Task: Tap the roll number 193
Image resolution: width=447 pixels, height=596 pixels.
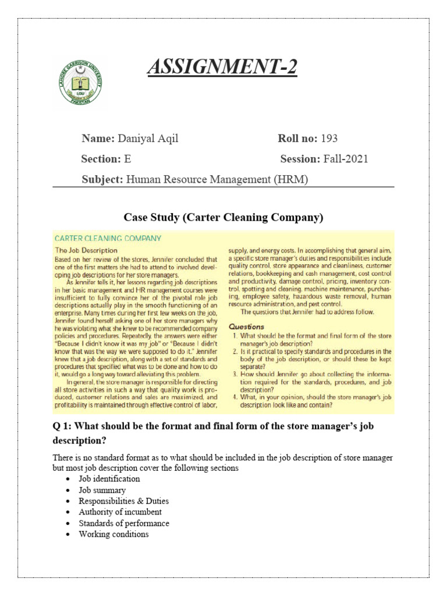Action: coord(329,139)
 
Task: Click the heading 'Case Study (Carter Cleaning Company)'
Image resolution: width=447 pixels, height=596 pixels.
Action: coord(223,218)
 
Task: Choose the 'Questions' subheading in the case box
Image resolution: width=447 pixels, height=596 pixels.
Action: coord(246,327)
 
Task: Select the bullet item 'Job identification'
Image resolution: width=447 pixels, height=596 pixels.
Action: coord(109,478)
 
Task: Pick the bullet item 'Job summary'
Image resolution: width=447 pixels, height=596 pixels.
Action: coord(102,490)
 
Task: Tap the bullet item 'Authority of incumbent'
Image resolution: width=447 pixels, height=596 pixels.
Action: coord(120,512)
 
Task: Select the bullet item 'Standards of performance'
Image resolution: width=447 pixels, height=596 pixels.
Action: coord(124,523)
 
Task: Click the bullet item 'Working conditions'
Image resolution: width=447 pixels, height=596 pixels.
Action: coord(113,534)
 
